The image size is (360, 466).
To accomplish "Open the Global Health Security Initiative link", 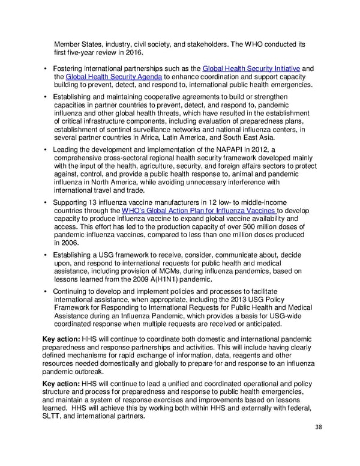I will [x=251, y=68].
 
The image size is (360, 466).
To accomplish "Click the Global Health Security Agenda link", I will [x=113, y=77].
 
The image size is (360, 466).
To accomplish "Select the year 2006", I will [x=67, y=243].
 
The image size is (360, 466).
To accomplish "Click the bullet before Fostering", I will [x=46, y=68].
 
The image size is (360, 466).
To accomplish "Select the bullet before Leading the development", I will [x=46, y=149].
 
